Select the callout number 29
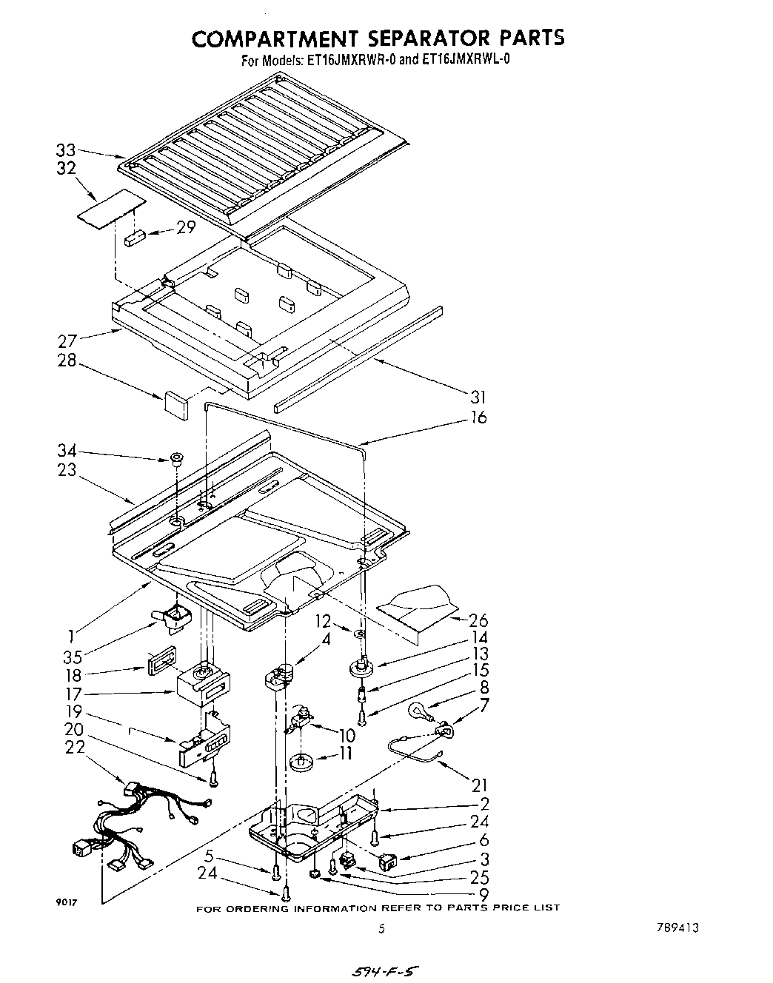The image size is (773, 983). point(186,227)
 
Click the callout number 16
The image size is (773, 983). point(479,418)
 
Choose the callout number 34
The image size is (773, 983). point(67,451)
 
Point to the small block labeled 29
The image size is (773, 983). point(134,238)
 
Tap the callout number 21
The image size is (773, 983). point(478,785)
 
